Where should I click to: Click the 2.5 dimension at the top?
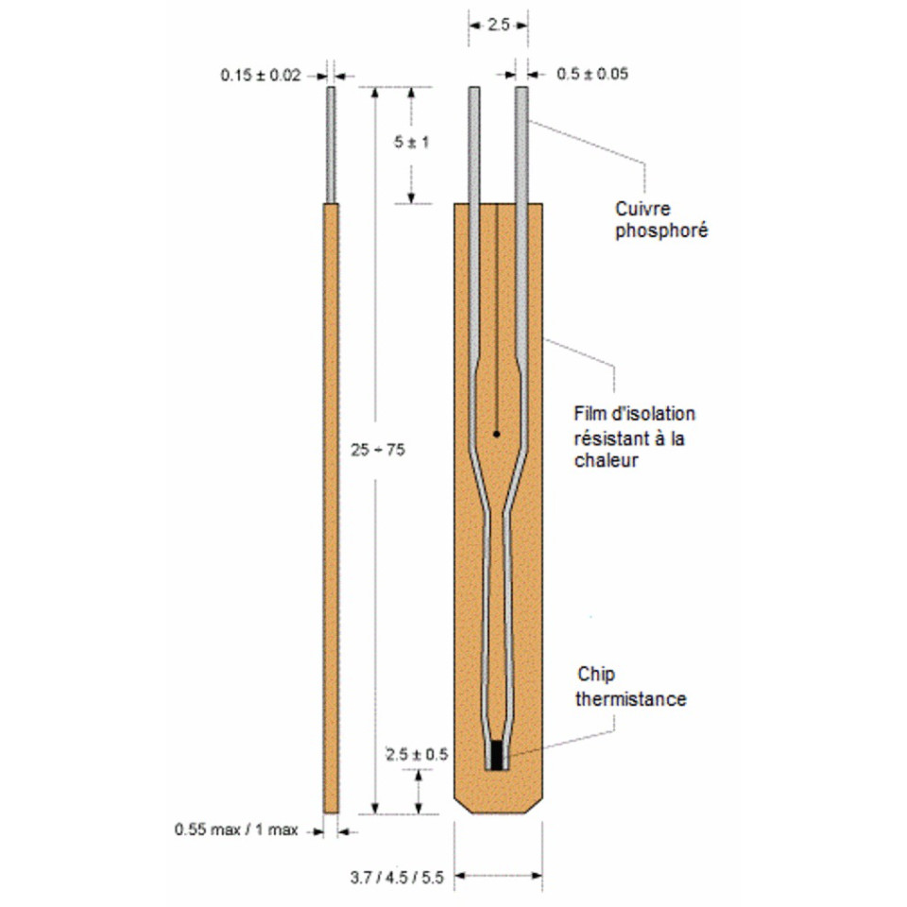pyautogui.click(x=498, y=25)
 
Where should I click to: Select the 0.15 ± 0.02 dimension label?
pyautogui.click(x=261, y=76)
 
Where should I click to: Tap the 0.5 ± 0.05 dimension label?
pyautogui.click(x=592, y=74)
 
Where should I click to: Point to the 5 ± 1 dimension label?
pyautogui.click(x=412, y=143)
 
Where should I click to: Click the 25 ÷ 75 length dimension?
pyautogui.click(x=378, y=450)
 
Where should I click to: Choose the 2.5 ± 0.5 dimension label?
pyautogui.click(x=417, y=754)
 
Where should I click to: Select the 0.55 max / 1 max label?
pyautogui.click(x=236, y=830)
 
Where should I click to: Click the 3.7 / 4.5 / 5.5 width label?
pyautogui.click(x=397, y=878)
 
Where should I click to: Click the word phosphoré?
pyautogui.click(x=661, y=231)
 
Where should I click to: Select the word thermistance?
pyautogui.click(x=631, y=699)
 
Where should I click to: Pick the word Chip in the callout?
pyautogui.click(x=596, y=675)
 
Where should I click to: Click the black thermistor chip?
pyautogui.click(x=497, y=755)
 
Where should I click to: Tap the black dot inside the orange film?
pyautogui.click(x=496, y=434)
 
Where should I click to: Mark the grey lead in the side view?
pyautogui.click(x=331, y=145)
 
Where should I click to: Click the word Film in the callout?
pyautogui.click(x=588, y=414)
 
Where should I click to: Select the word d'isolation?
pyautogui.click(x=651, y=414)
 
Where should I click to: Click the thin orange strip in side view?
pyautogui.click(x=331, y=508)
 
